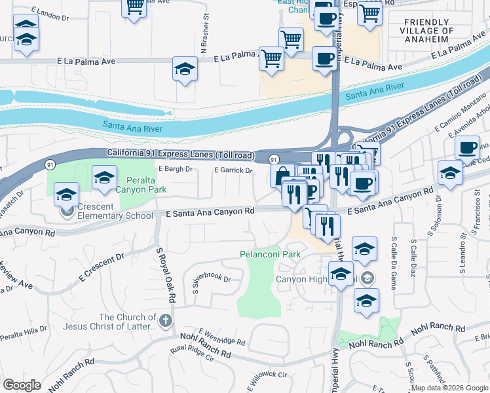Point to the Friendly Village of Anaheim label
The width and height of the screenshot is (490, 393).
point(429,31)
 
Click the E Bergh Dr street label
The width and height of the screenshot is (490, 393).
point(175,169)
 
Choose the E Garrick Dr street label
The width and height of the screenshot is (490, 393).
point(234,170)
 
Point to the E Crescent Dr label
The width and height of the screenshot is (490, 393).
point(101,265)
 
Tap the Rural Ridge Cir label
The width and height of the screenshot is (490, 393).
point(193,358)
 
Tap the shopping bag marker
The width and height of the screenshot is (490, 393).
point(282,175)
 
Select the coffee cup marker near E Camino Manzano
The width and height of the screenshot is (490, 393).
point(467,147)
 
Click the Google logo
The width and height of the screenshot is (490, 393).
point(22,385)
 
